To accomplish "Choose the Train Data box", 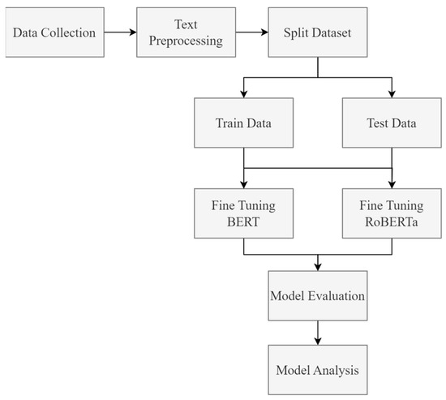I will (242, 126).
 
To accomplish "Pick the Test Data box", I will (391, 126).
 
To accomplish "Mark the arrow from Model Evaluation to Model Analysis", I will (317, 330).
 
